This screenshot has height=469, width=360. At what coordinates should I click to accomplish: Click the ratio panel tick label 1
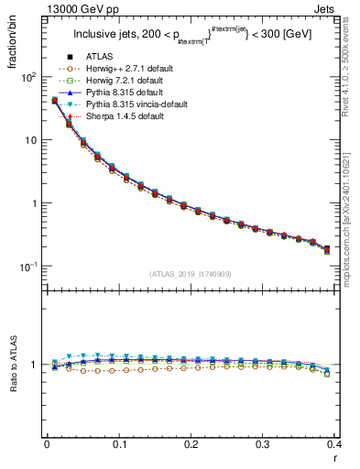[x=35, y=365]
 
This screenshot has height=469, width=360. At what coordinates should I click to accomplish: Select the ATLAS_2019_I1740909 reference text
[x=191, y=274]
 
